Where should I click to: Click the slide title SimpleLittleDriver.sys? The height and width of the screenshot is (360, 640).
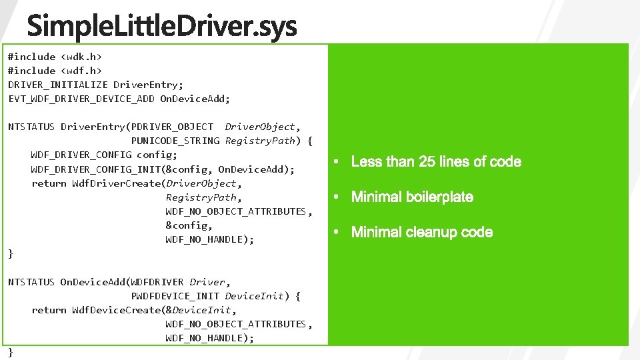162,28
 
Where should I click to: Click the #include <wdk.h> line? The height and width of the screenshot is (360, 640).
50,57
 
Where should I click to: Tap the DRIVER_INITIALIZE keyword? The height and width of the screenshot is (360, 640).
57,85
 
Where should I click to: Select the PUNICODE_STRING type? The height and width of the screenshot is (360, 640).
175,141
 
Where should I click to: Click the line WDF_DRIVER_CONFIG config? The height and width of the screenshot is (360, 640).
104,155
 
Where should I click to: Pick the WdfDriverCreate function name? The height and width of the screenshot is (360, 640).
117,183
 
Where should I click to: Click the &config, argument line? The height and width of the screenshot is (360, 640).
189,225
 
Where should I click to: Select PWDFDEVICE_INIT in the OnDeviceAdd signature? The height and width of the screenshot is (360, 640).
175,296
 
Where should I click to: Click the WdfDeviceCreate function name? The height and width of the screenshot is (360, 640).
117,310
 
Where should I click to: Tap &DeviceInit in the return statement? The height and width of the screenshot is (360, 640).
201,310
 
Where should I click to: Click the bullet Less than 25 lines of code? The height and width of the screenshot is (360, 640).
436,162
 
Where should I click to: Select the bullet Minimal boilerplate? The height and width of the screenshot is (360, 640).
412,197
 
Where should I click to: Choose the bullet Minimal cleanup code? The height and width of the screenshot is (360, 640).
422,233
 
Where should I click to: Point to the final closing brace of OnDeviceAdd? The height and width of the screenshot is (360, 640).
11,352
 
